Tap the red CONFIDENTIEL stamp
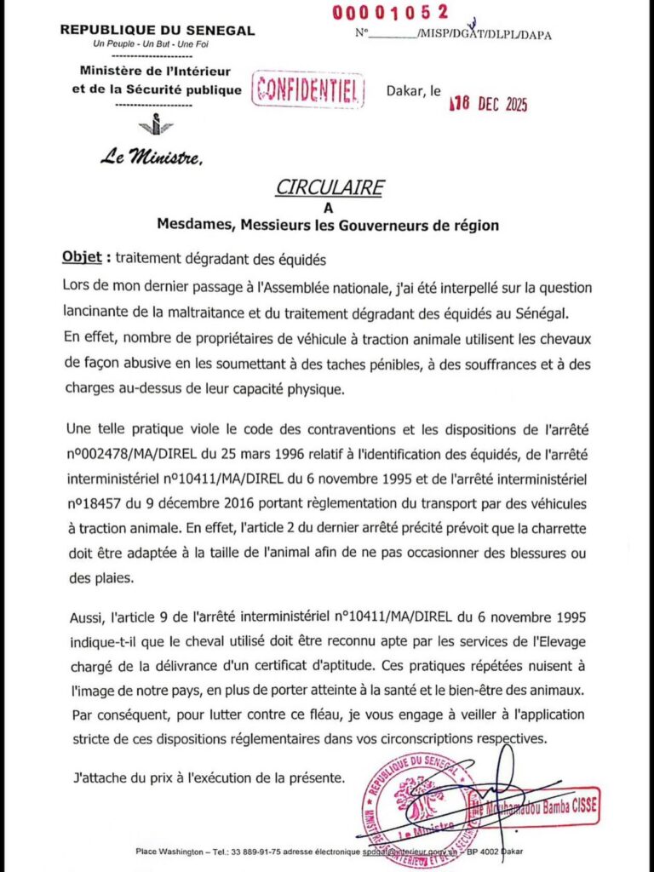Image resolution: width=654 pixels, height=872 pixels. [x=308, y=90]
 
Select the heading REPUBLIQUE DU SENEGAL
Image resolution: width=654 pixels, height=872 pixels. [x=158, y=31]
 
